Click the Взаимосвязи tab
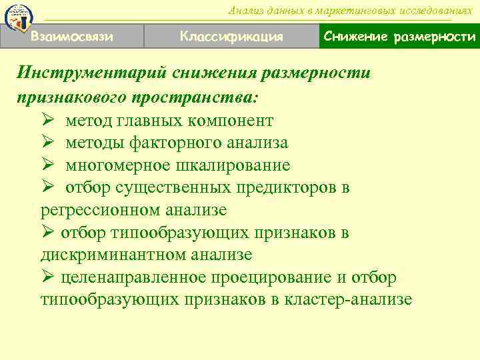pyautogui.click(x=71, y=36)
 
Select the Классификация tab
pyautogui.click(x=231, y=36)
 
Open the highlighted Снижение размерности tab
pyautogui.click(x=399, y=36)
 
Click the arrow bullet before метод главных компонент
pyautogui.click(x=47, y=121)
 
